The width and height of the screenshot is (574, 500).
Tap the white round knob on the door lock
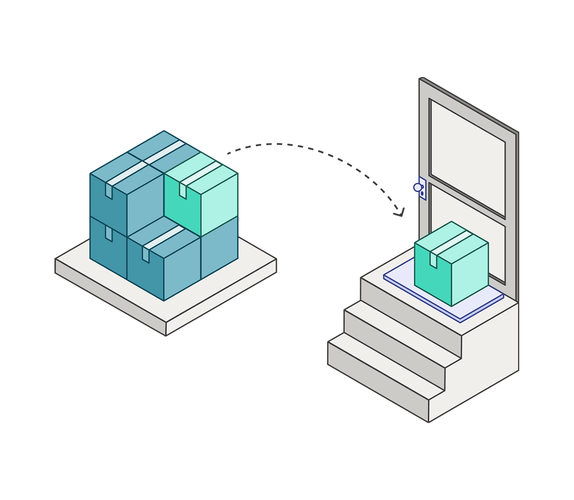click(417, 187)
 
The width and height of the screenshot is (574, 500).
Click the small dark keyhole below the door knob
click(422, 193)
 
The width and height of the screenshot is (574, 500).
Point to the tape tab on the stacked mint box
click(183, 190)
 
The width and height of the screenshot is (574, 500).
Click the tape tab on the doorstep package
click(433, 260)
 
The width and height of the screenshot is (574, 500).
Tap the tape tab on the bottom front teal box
click(146, 255)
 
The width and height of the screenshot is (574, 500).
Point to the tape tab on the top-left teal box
click(109, 191)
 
